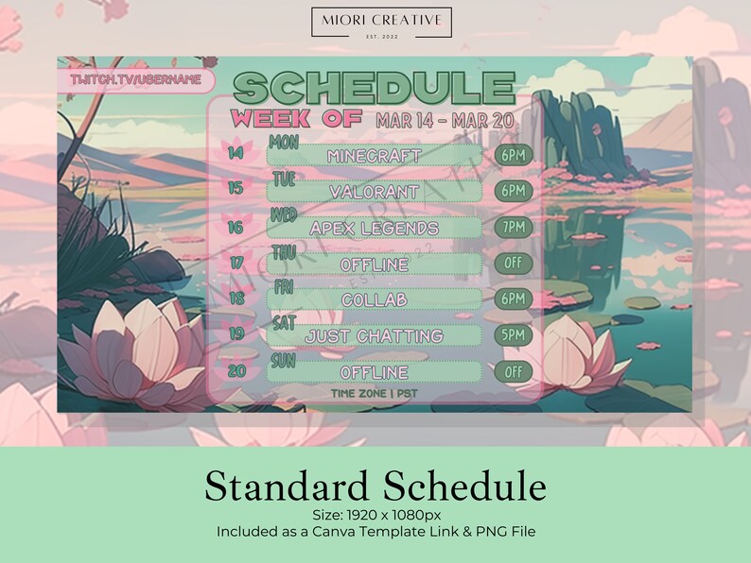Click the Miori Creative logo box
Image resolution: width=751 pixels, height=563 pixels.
pos(381,23)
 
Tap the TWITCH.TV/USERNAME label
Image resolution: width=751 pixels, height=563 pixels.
pos(135,80)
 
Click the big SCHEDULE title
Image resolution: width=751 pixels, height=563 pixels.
pos(374,89)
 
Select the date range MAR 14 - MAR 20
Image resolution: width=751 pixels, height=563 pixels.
pos(445,120)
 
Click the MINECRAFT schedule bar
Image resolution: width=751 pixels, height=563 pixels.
pos(374,156)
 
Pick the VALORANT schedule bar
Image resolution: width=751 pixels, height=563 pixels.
pos(374,192)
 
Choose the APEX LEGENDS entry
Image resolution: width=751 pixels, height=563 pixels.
pos(374,229)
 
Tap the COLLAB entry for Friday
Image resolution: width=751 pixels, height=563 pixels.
pos(374,299)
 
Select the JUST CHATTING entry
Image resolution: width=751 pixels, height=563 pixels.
pos(374,336)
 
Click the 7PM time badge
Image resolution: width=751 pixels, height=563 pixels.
pos(514,228)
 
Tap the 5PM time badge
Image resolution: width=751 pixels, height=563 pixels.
pos(514,335)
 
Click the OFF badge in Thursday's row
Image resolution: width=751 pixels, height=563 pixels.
pos(514,264)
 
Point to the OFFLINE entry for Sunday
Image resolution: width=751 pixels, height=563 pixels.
pos(374,372)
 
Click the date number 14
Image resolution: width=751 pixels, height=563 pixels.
pos(236,153)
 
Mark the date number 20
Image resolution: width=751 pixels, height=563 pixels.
pos(236,371)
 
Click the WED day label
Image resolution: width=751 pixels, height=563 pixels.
pos(284,214)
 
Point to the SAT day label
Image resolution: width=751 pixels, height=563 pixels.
pos(284,322)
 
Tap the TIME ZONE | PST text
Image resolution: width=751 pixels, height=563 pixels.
pos(374,393)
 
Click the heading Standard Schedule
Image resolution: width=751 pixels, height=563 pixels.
pos(375,486)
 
